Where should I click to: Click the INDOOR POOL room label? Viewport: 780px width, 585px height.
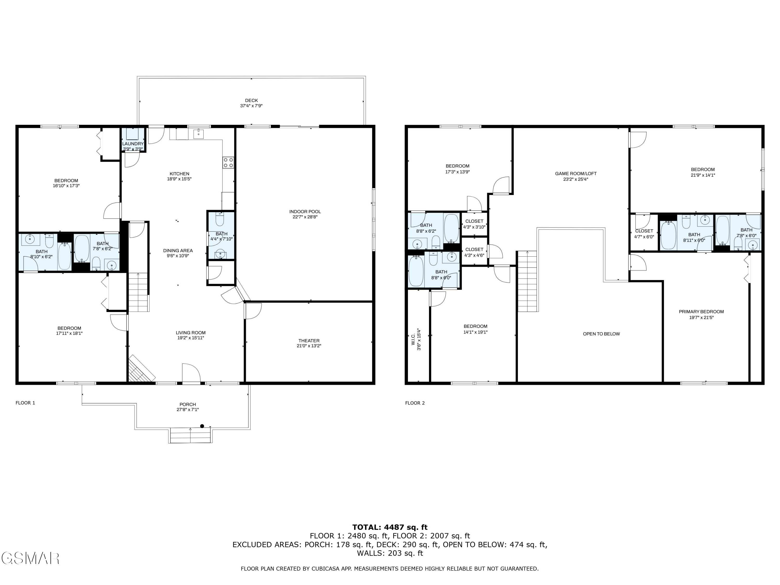(305, 212)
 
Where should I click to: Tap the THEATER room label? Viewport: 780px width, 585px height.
(309, 341)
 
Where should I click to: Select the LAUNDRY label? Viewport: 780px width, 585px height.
(133, 144)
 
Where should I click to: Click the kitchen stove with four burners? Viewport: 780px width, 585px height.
(228, 162)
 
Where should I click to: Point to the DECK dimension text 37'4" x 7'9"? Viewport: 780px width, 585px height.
(251, 106)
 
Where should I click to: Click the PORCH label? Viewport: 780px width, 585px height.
(188, 405)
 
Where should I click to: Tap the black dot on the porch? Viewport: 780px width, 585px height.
(202, 426)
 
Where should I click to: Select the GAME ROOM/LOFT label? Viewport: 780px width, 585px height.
(575, 173)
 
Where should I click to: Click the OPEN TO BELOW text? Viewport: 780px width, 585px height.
(601, 334)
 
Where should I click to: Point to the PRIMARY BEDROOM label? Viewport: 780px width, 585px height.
(701, 312)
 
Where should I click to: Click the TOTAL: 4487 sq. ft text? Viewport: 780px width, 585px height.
(390, 527)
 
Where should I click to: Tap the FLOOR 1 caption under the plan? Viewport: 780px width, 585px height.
(25, 403)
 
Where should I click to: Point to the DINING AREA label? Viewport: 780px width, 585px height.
(178, 251)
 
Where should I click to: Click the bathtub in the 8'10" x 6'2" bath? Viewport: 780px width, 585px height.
(64, 256)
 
